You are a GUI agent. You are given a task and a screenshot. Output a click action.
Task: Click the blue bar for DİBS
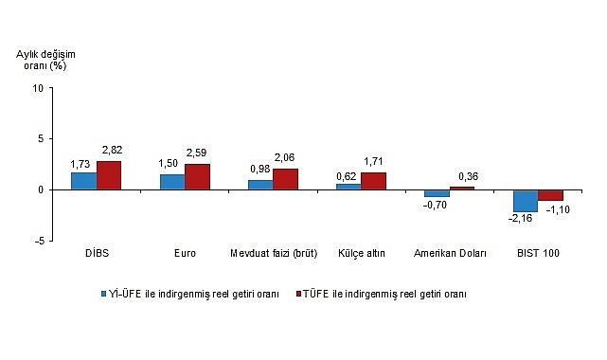point(83,181)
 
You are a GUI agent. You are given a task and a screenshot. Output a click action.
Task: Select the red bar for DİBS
point(109,175)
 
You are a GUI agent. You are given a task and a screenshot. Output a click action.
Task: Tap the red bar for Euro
point(197,176)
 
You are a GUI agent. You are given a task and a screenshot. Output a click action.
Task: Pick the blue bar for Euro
point(171,182)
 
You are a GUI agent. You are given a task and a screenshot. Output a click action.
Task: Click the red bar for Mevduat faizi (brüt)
point(285,179)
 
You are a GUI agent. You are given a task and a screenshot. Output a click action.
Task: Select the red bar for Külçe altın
point(373,181)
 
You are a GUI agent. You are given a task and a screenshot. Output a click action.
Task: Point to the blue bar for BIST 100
point(525,200)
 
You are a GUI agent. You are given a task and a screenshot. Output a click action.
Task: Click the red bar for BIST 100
point(550,195)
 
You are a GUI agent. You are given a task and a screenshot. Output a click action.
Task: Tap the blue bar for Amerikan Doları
point(437,193)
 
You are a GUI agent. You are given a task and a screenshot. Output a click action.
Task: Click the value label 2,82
point(112,151)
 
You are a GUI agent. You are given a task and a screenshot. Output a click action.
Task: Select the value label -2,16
point(521,219)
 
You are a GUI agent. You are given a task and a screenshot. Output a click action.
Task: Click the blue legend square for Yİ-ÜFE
point(106,294)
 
